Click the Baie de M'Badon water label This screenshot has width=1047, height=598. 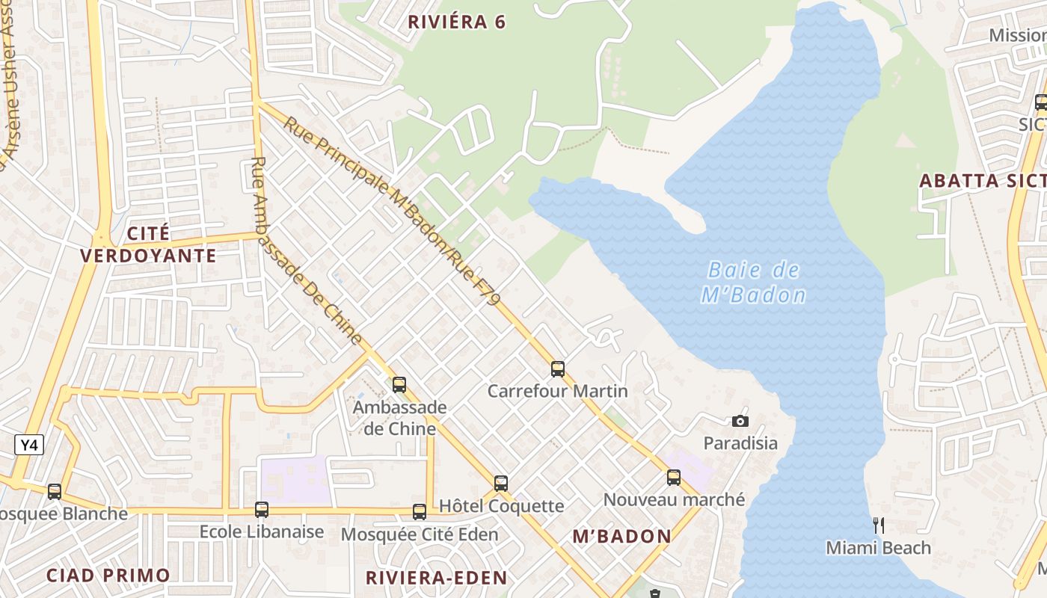(754, 283)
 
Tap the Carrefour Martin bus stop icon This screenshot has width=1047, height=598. (557, 369)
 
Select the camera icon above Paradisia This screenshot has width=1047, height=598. (740, 421)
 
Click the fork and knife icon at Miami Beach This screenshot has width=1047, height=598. (879, 525)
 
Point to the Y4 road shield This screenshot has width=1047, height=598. (29, 446)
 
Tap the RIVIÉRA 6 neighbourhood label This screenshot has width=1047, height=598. (456, 22)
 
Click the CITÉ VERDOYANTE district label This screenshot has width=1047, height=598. (148, 244)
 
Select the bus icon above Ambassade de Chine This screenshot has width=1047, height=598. (399, 385)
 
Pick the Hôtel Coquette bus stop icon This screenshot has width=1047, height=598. (501, 484)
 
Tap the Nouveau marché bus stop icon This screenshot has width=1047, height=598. (674, 478)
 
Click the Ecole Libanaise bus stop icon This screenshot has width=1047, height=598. (261, 510)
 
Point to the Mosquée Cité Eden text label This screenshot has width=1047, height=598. (419, 534)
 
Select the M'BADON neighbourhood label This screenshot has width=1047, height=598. (621, 536)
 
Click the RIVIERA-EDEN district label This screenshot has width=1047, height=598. (436, 577)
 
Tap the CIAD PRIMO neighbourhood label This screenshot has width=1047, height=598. (108, 575)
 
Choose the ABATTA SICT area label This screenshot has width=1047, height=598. (981, 181)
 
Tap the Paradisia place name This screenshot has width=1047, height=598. (740, 443)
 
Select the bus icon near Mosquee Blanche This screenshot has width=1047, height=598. (55, 492)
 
